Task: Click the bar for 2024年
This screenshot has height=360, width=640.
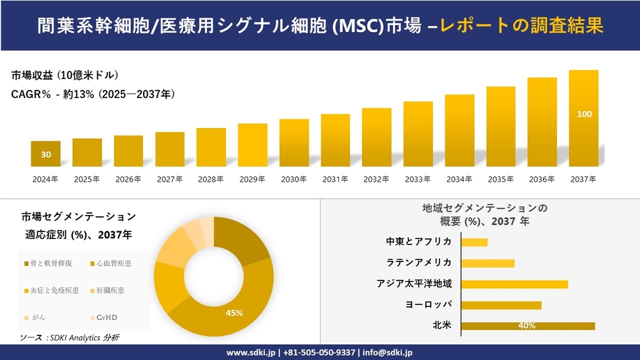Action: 46,154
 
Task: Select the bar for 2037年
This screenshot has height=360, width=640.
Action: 583,118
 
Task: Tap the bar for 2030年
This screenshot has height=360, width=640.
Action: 294,143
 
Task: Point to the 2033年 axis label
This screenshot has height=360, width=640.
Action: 418,180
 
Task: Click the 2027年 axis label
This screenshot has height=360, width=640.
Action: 170,180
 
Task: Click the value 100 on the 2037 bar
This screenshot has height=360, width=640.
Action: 584,114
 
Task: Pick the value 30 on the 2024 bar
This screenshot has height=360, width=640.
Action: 46,155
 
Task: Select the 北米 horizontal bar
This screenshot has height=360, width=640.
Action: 528,326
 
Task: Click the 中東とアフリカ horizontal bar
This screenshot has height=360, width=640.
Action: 475,242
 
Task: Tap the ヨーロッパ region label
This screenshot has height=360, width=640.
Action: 428,304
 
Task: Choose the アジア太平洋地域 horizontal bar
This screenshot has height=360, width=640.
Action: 514,284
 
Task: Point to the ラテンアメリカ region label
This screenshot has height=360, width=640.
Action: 419,263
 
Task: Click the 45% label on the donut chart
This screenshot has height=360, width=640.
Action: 234,313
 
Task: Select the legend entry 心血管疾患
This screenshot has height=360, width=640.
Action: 114,263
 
